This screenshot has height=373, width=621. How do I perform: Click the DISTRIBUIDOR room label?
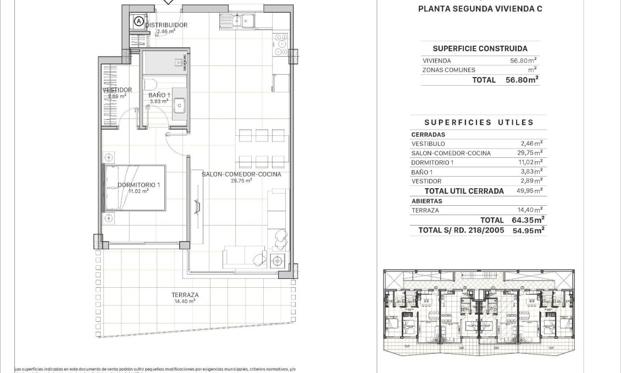(166, 25)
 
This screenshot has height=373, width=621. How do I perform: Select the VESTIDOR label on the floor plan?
(117, 90)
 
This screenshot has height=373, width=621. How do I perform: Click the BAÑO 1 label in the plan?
(159, 95)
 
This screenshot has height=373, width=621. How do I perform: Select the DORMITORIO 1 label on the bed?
(138, 185)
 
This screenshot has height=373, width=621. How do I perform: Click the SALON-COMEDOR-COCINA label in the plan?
(241, 174)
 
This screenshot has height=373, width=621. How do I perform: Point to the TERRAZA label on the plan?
(186, 295)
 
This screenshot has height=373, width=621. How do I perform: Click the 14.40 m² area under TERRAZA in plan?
(186, 301)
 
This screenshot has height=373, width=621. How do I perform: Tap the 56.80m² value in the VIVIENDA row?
(523, 61)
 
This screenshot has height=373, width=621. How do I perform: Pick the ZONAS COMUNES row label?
(448, 70)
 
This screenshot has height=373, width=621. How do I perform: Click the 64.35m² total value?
(525, 220)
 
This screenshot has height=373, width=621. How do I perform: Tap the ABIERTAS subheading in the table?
(426, 201)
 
